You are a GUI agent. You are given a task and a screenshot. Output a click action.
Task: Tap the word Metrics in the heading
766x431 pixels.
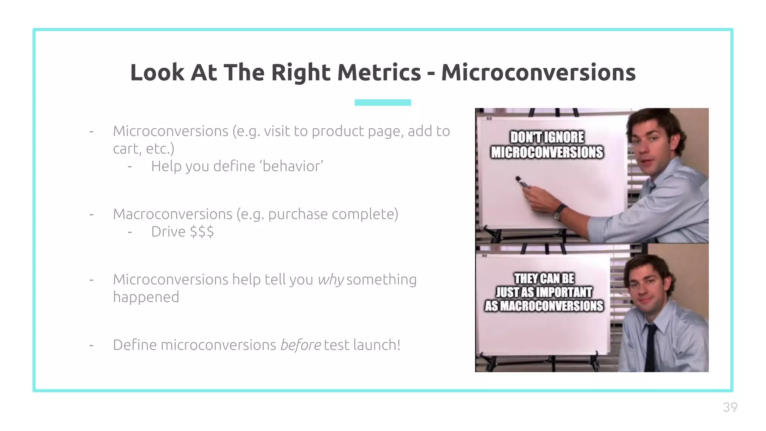[379, 72]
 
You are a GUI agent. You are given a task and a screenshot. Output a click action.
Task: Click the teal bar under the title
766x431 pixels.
[383, 103]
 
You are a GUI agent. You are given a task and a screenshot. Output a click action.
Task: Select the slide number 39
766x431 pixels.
[730, 407]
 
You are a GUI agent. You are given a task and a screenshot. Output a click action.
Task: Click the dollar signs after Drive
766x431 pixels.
[202, 232]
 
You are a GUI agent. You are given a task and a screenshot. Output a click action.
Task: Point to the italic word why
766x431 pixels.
[330, 280]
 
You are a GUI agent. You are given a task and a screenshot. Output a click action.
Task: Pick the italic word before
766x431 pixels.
[300, 345]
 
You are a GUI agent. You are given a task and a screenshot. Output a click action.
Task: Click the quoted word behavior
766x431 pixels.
[292, 166]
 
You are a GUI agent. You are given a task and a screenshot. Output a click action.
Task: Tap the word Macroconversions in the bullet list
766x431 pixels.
[172, 214]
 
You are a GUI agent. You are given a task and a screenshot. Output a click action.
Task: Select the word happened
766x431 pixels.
[146, 297]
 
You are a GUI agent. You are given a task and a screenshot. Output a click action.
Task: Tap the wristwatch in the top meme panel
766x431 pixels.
[559, 212]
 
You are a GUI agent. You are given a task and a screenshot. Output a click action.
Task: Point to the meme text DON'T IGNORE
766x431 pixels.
[547, 137]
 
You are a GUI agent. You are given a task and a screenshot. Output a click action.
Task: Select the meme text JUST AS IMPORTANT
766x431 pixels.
[544, 292]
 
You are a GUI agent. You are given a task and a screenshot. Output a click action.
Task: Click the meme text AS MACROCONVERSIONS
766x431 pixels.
[544, 306]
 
